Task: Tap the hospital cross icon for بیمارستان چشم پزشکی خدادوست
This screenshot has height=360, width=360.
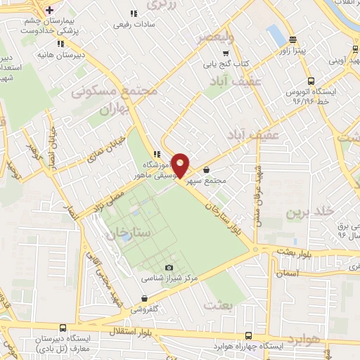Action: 49,11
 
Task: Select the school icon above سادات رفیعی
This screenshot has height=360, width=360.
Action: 134,13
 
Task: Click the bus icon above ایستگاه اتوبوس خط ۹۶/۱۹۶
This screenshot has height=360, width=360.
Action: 309,81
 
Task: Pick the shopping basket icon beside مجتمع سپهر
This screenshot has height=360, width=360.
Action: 206,169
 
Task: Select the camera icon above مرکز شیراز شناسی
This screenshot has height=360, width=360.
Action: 169,268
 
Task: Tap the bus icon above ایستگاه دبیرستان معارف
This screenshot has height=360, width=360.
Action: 63,327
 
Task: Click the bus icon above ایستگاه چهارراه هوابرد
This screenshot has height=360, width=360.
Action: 247,336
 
